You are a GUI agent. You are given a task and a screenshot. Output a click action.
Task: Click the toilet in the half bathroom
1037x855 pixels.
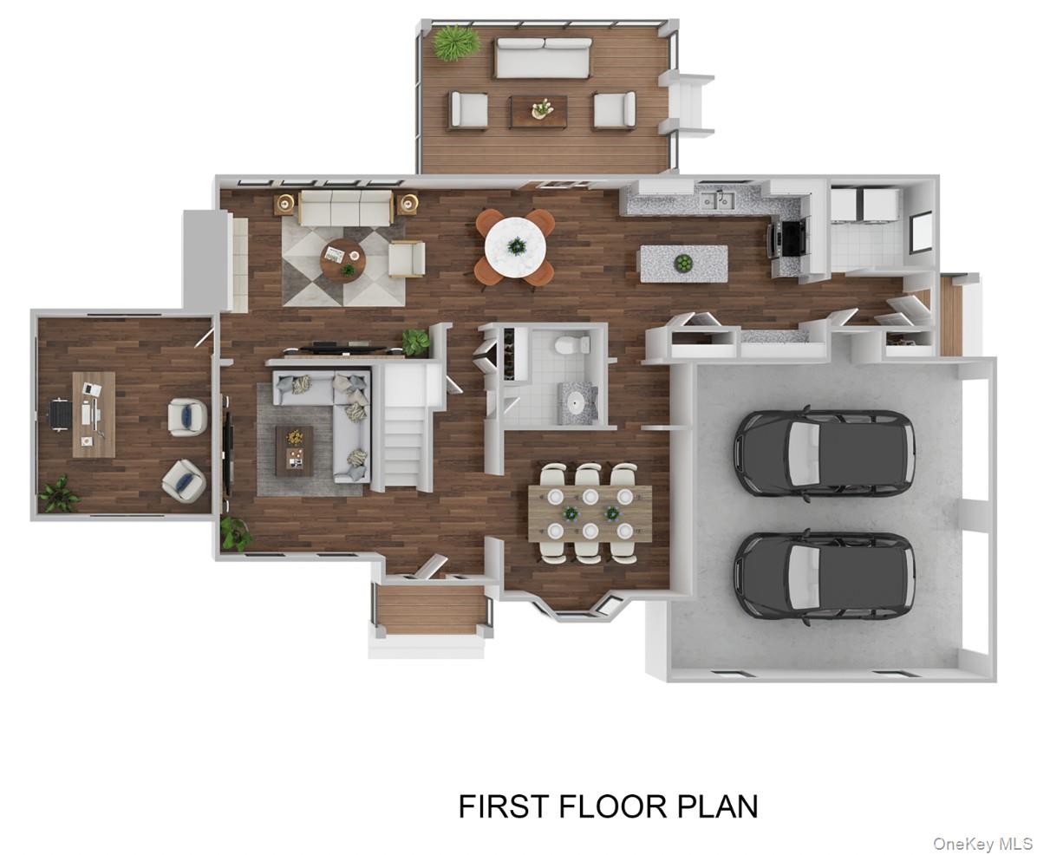568,346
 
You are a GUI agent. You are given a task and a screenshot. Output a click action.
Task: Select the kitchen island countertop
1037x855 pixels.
682,263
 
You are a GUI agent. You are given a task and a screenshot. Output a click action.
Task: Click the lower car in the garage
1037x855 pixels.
823,575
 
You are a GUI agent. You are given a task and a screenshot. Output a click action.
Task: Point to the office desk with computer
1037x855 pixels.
93,414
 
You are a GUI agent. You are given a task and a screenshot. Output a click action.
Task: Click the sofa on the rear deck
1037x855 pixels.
543,57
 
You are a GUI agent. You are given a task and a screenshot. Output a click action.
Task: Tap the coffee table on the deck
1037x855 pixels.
538,110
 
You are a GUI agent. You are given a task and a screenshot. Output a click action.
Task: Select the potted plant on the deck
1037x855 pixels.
455,42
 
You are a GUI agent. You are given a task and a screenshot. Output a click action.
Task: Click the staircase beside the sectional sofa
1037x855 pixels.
405,438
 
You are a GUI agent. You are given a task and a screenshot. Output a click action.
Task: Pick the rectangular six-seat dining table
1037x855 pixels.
590,512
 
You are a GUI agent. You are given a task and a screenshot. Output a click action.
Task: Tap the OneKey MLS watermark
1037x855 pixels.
982,843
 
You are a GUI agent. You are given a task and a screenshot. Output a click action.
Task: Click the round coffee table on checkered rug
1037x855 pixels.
342,259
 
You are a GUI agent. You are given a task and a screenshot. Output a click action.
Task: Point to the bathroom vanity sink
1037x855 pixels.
576,403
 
